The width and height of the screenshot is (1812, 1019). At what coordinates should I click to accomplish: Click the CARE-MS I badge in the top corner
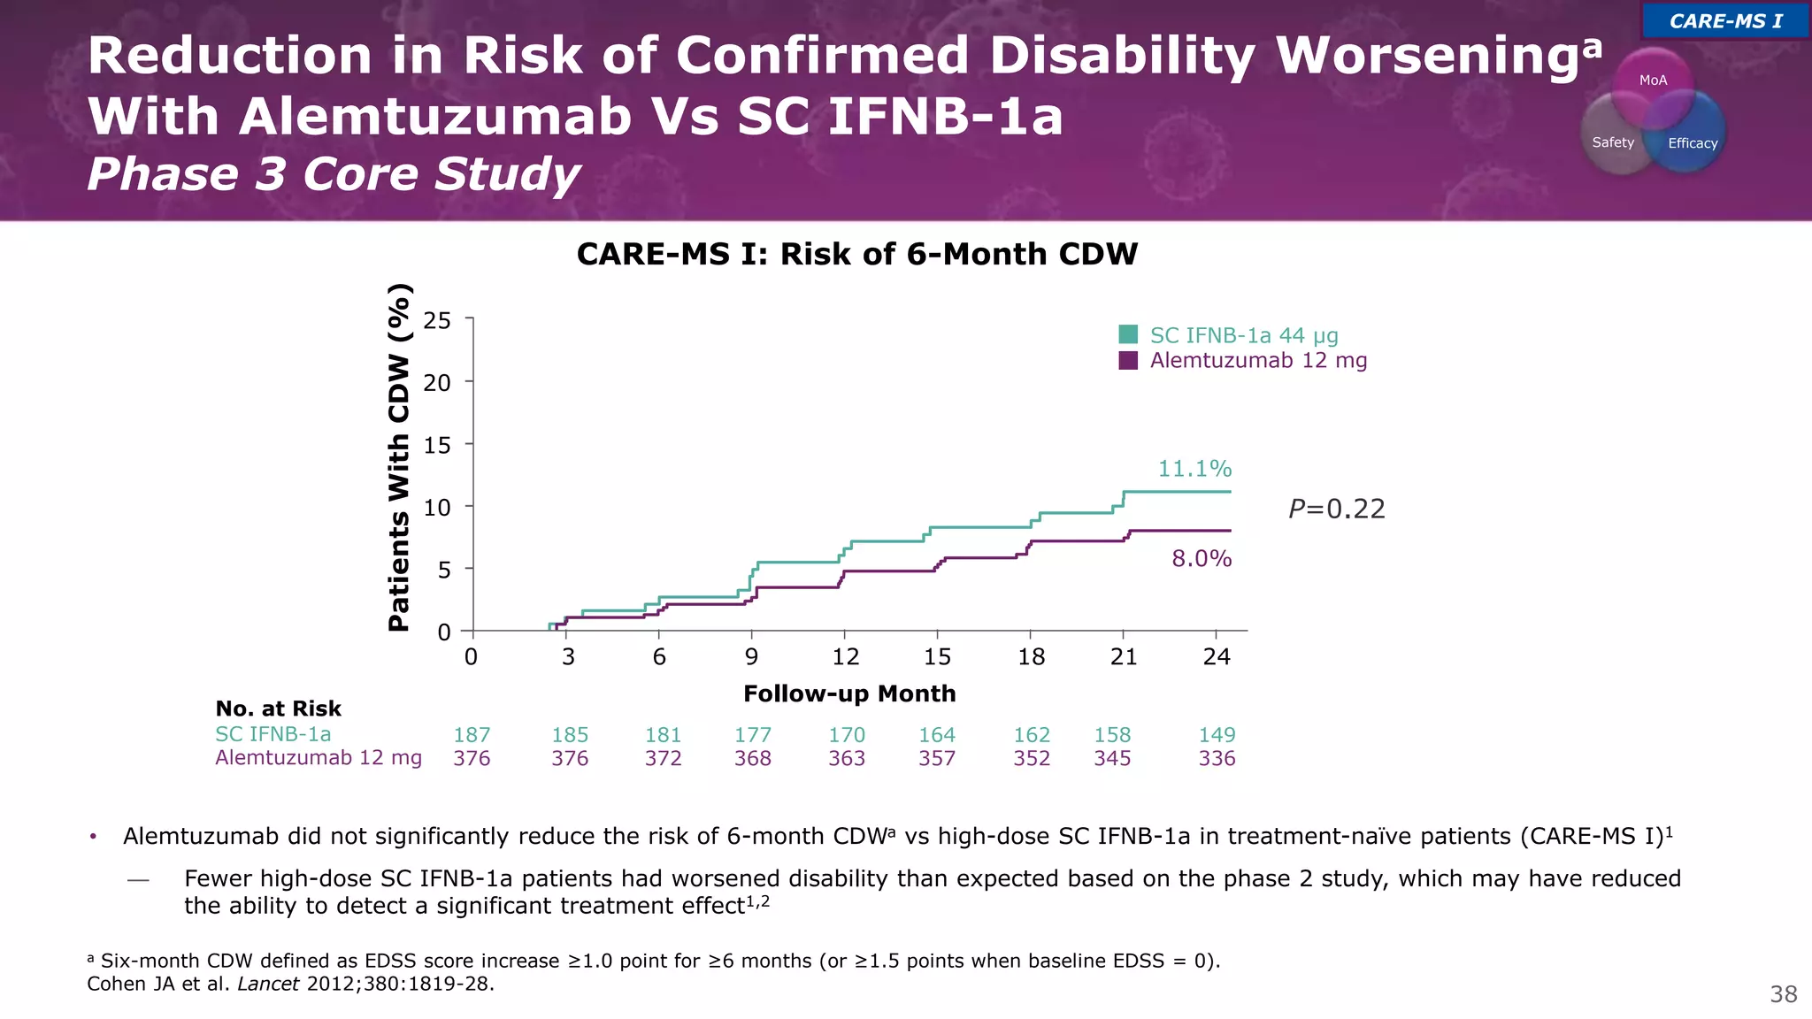(1724, 21)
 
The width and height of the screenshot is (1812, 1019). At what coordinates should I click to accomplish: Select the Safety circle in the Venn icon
(1612, 142)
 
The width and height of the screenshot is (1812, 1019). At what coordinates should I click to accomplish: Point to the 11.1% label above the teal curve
(1194, 469)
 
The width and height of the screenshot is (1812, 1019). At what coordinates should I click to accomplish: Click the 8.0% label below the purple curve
(1202, 559)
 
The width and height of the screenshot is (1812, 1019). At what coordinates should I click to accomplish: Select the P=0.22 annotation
(1336, 509)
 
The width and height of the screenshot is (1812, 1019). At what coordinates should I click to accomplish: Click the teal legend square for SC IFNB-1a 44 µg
(1128, 334)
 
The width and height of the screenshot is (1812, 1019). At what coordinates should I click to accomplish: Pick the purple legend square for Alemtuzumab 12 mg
(1128, 360)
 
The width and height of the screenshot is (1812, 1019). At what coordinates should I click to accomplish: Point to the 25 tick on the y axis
(437, 320)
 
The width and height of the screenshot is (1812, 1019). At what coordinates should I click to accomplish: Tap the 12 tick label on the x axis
(845, 657)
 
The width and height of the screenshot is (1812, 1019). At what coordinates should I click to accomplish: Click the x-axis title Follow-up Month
(849, 694)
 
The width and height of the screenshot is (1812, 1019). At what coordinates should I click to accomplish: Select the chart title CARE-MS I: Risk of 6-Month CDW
(856, 255)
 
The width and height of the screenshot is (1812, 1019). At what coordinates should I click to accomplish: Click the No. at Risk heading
(278, 709)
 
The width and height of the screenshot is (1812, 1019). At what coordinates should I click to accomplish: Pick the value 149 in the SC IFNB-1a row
(1217, 735)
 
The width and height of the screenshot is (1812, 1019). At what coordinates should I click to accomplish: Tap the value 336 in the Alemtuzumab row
(1217, 759)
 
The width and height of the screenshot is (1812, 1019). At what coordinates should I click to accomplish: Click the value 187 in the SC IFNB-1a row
(472, 735)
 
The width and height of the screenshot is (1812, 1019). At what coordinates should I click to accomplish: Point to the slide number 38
(1783, 995)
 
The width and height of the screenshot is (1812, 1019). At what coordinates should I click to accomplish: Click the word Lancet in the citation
(268, 985)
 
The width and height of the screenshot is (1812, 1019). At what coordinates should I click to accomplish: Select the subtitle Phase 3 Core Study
(334, 174)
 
